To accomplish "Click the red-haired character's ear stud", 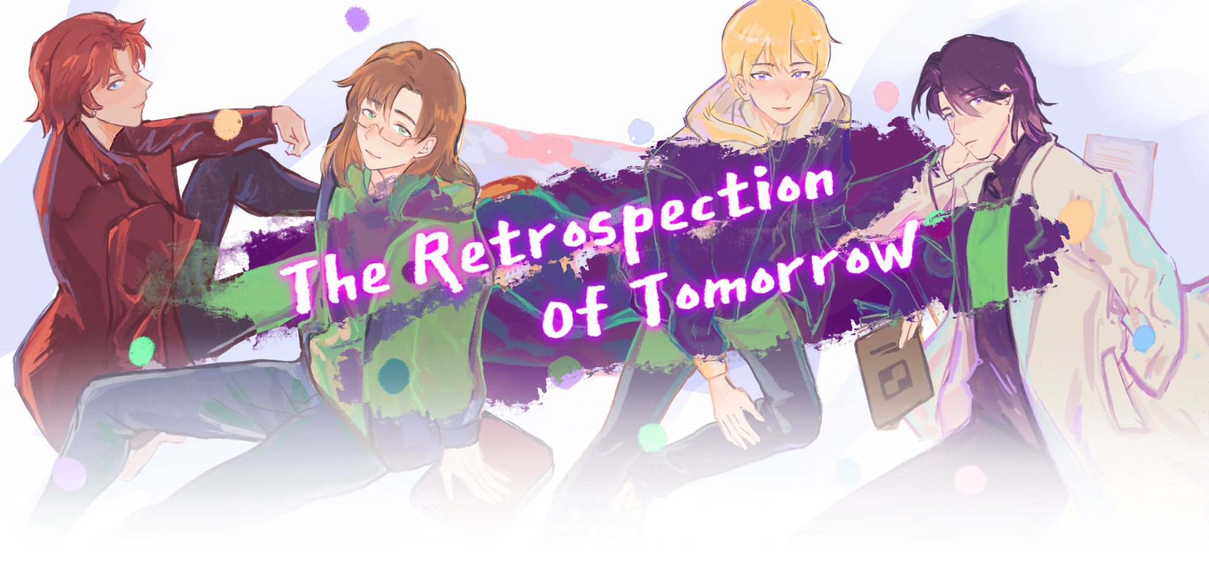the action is click(x=93, y=112).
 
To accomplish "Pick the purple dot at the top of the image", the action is click(x=357, y=18).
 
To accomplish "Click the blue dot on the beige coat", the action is click(x=1143, y=339).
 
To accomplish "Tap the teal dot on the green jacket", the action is click(x=393, y=375).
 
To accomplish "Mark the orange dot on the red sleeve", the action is click(x=228, y=125).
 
